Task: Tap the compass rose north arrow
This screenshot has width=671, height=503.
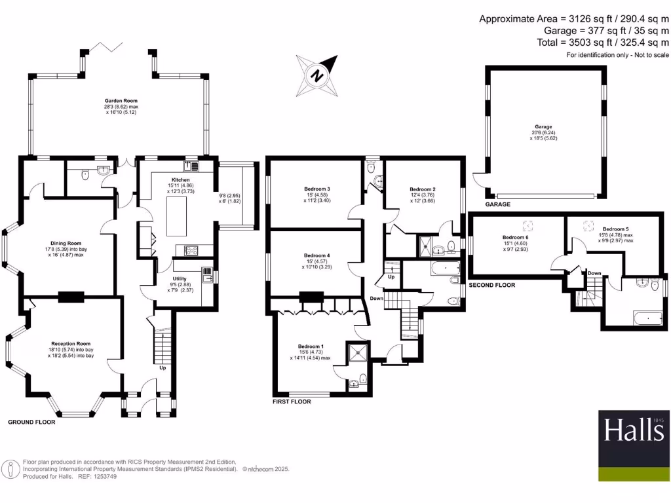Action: point(317,75)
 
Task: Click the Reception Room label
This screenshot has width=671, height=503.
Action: point(71,343)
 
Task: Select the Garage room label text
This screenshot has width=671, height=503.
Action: point(543,127)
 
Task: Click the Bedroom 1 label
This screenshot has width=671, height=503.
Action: point(311,346)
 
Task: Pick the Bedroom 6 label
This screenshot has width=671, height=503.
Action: point(514,238)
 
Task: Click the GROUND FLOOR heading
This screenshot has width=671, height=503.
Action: point(31,422)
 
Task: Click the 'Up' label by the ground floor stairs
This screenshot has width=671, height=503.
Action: point(163,367)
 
